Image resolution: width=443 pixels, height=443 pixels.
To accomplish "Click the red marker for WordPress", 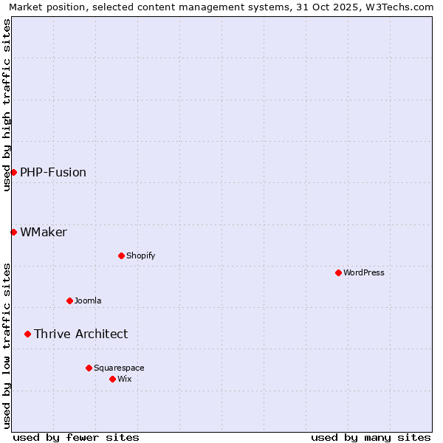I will [338, 272].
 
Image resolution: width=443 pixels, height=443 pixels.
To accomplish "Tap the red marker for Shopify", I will [121, 255].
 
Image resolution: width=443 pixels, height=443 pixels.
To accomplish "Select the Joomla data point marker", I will [69, 301].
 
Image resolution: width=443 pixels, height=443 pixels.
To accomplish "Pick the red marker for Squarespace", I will [89, 368].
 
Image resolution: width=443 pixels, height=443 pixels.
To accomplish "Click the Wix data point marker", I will [112, 379].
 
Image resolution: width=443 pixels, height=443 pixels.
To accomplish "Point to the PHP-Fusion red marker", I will [13, 172].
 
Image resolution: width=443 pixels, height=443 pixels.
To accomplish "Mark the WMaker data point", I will [13, 232].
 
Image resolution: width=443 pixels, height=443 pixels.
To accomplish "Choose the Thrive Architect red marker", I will [27, 334].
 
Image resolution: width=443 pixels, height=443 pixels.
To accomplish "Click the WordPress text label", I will [364, 272].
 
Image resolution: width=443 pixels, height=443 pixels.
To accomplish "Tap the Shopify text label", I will [140, 255].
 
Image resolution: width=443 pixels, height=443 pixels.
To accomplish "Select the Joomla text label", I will [88, 301].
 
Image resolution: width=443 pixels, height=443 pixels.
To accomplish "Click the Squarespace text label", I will [119, 368].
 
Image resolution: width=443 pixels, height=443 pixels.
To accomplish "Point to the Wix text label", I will [124, 379].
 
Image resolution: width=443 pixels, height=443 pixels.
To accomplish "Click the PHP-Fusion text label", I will [53, 172].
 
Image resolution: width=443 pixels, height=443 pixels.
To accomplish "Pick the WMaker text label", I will [44, 232].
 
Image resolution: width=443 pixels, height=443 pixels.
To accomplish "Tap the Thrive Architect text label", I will [80, 334].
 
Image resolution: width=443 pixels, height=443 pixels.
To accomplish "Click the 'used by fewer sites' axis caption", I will [76, 437].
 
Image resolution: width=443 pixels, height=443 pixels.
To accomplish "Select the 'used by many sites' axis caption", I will [371, 437].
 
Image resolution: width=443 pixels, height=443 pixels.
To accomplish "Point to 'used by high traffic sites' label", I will [7, 105].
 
